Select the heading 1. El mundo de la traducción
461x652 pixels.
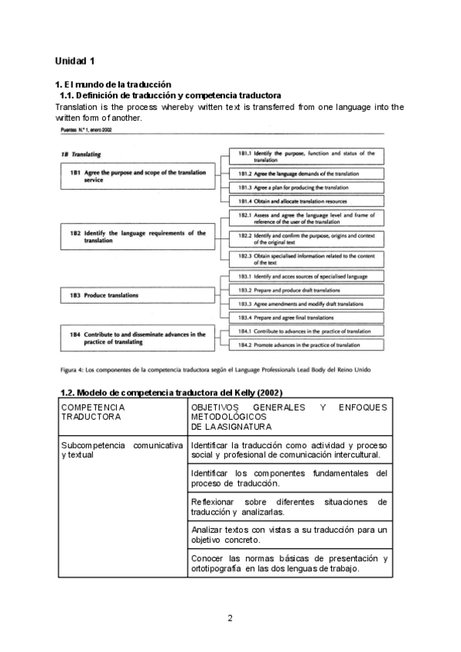[113, 84]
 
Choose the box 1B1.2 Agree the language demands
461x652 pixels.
[307, 174]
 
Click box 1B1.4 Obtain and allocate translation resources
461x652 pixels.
[307, 201]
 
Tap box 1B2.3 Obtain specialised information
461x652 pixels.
[307, 258]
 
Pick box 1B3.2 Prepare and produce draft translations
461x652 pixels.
[307, 290]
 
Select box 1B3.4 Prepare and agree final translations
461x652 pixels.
[307, 317]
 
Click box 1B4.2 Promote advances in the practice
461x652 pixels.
[307, 346]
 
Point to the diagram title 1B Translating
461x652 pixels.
[81, 154]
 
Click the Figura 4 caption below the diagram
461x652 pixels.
[214, 369]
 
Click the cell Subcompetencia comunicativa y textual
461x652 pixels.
[121, 450]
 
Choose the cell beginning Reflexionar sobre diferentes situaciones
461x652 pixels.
[288, 506]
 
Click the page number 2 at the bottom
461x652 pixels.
[230, 617]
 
